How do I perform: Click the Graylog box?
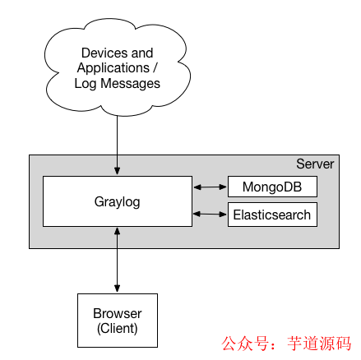[116, 201]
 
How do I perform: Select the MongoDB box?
[271, 187]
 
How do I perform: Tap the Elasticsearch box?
[271, 215]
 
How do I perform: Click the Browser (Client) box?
[117, 321]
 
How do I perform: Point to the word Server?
[315, 164]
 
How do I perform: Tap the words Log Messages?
[117, 84]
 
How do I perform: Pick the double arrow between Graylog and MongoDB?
[209, 187]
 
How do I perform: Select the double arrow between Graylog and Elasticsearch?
[209, 215]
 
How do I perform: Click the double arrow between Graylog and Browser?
[117, 259]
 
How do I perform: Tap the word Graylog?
[116, 201]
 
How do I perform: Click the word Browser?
[117, 314]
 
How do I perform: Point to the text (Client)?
[117, 328]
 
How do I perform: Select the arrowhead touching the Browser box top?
[117, 287]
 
